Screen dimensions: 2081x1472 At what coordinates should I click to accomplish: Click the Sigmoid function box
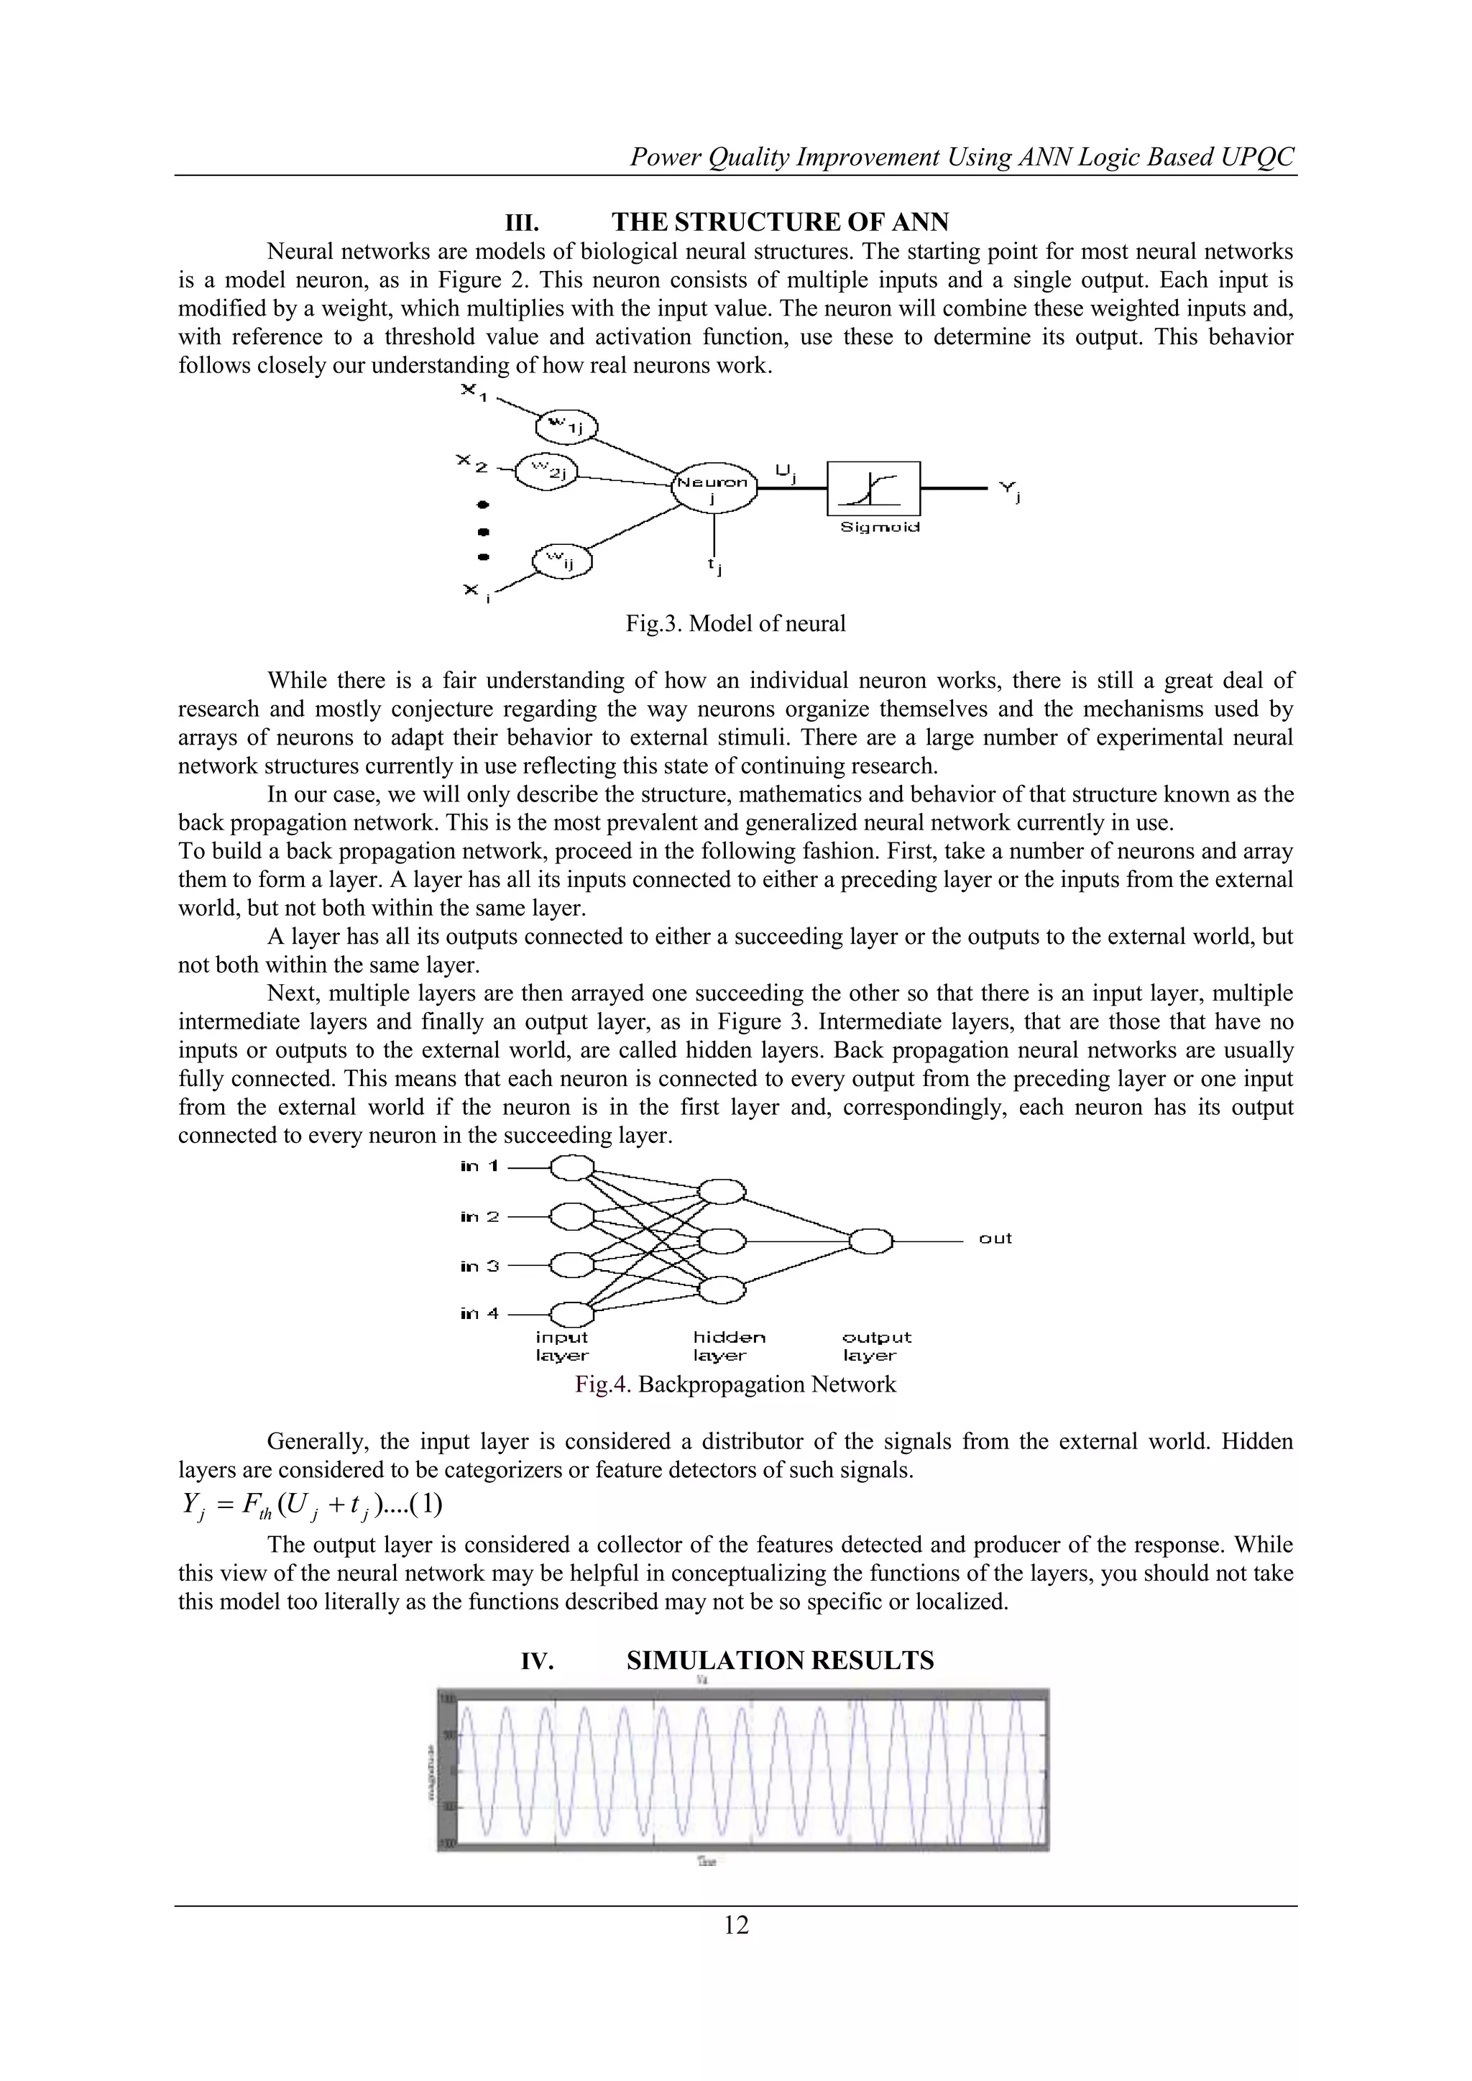873,489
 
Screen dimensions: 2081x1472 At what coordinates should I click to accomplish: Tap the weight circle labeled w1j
567,425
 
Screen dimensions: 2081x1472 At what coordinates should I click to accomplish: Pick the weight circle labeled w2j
546,470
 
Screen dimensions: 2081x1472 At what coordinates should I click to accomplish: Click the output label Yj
1009,491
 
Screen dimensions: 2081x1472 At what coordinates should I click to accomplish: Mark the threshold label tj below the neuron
714,566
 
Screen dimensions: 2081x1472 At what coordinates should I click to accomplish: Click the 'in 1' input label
479,1167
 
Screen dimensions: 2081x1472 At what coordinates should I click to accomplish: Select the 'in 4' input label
479,1313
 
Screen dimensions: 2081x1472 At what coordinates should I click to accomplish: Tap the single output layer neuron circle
871,1240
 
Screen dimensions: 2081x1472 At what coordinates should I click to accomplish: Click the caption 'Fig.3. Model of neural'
735,623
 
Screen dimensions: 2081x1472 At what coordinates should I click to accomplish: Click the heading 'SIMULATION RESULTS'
780,1660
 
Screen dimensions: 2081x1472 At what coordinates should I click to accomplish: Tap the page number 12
736,1924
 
